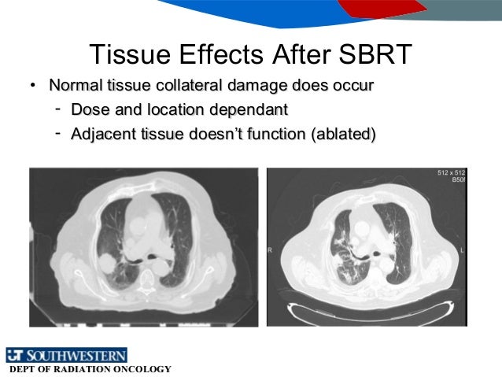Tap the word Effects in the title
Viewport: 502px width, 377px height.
click(220, 54)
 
